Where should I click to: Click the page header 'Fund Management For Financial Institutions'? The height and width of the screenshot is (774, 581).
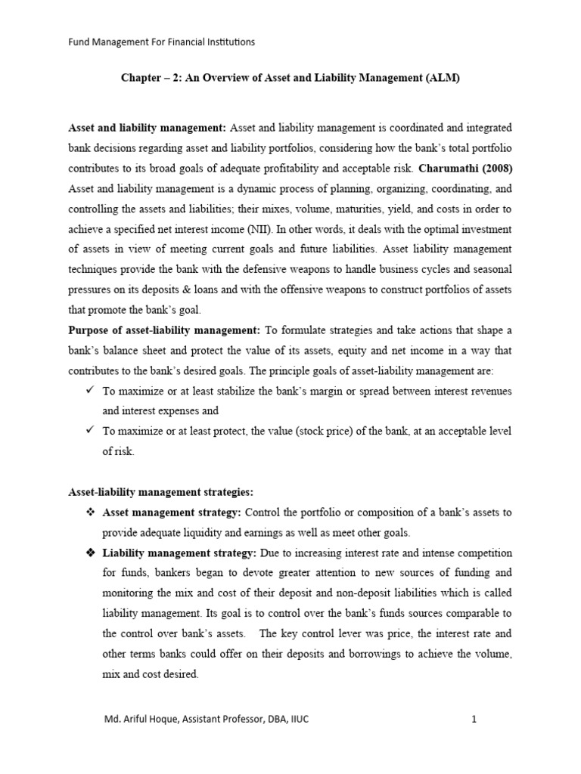(x=161, y=42)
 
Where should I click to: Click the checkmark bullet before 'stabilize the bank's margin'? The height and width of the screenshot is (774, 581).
(x=90, y=390)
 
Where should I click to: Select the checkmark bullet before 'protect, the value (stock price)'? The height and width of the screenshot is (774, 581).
(x=90, y=431)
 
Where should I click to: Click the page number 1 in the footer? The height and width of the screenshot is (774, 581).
(x=474, y=720)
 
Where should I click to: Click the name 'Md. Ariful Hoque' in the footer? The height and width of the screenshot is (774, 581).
(x=138, y=720)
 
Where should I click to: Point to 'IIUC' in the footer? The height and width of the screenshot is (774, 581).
(x=296, y=720)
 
